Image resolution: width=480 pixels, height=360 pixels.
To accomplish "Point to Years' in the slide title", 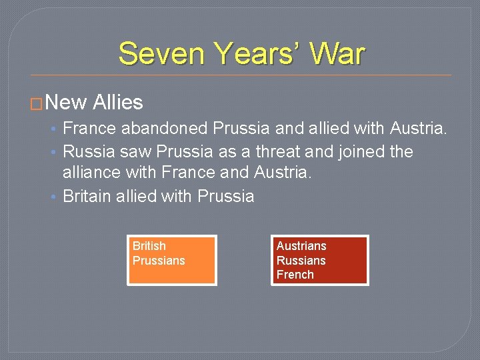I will [253, 53].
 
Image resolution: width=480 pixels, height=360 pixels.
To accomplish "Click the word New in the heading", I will [67, 103].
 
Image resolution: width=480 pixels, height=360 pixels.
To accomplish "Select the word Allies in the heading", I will [118, 103].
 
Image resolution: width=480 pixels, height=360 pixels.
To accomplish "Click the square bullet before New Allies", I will [39, 104].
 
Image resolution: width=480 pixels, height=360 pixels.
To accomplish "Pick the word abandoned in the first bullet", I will [169, 128].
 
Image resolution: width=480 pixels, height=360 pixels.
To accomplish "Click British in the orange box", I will [149, 246].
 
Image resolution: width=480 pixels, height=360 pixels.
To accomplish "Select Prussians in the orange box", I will [159, 260].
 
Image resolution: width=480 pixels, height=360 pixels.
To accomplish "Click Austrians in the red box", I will [301, 246].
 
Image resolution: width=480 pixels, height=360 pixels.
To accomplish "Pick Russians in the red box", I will [301, 260].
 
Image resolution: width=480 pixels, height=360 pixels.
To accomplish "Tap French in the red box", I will [295, 274].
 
